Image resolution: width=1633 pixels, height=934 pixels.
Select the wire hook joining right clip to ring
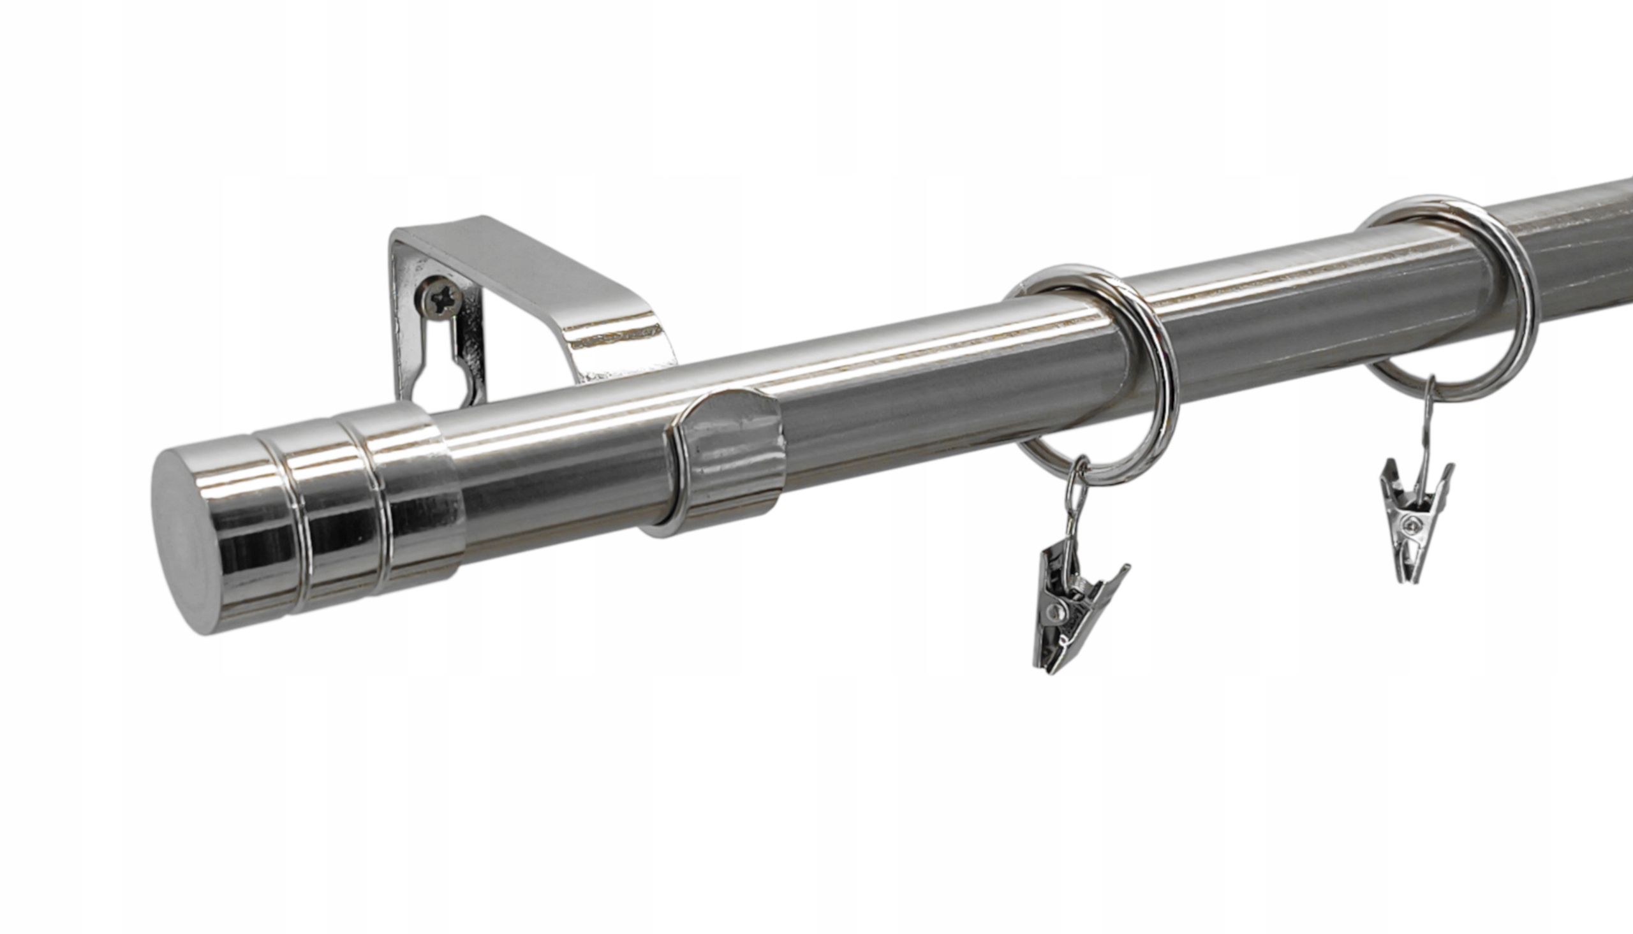pos(1428,417)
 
